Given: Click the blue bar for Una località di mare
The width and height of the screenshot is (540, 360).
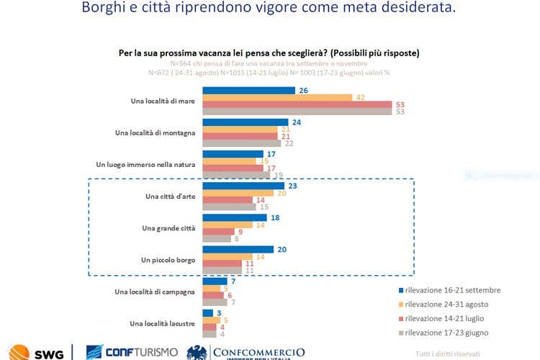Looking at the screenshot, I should pyautogui.click(x=248, y=91).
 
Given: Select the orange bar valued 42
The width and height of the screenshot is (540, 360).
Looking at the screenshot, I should pyautogui.click(x=277, y=98).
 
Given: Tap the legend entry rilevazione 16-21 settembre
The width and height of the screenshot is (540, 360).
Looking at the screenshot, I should pyautogui.click(x=453, y=290).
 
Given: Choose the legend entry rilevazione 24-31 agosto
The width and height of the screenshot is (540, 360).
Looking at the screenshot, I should pyautogui.click(x=447, y=304).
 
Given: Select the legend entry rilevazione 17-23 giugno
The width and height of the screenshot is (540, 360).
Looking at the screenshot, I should pyautogui.click(x=447, y=333).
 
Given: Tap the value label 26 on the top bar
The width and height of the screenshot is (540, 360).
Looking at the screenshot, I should pyautogui.click(x=303, y=91).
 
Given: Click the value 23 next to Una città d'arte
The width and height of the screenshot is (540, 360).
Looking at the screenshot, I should pyautogui.click(x=292, y=186).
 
